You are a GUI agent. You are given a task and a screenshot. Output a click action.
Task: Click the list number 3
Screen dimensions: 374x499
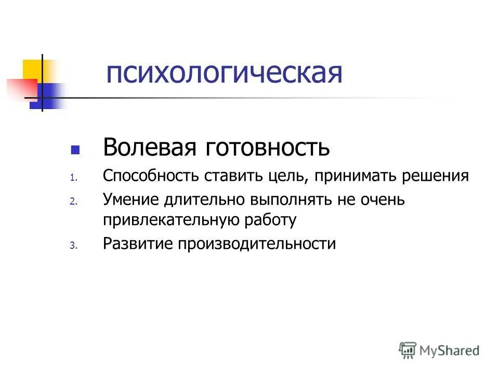point(73,246)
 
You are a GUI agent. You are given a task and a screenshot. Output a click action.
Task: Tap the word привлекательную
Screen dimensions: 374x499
point(171,220)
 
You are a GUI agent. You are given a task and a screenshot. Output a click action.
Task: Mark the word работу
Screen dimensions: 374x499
point(270,220)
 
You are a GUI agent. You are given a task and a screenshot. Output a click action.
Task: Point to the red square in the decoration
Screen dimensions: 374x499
point(21,88)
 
